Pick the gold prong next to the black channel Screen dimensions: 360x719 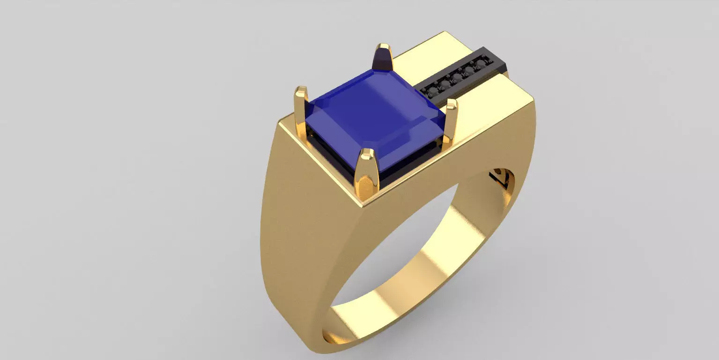coord(451,119)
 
